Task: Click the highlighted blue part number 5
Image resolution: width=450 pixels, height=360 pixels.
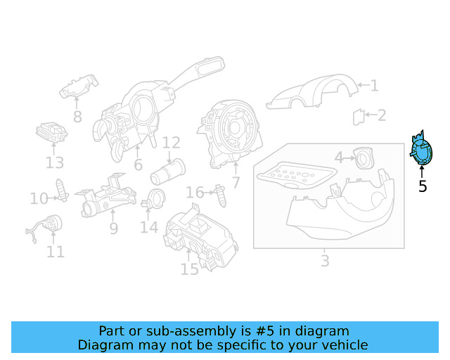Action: pyautogui.click(x=421, y=151)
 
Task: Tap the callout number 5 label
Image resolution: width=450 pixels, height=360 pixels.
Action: pyautogui.click(x=422, y=187)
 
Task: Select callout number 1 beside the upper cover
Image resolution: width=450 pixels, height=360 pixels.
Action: pyautogui.click(x=374, y=86)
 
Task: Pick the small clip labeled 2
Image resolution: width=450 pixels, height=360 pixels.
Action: pyautogui.click(x=359, y=116)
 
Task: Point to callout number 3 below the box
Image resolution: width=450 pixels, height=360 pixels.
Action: pyautogui.click(x=324, y=262)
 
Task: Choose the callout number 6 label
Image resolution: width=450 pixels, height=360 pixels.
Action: pyautogui.click(x=138, y=165)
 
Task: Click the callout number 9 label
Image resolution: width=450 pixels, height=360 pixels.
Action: pyautogui.click(x=113, y=229)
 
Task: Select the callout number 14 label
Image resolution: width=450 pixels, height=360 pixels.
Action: pyautogui.click(x=149, y=228)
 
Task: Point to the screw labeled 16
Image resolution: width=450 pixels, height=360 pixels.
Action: pyautogui.click(x=222, y=195)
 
